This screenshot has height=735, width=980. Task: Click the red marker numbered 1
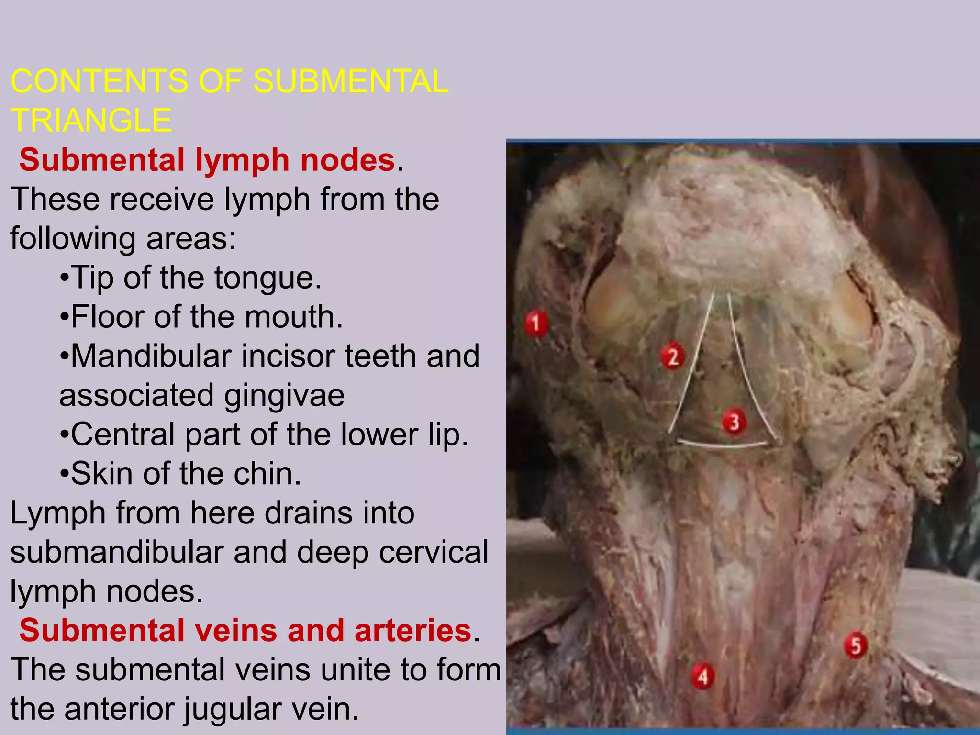coord(535,323)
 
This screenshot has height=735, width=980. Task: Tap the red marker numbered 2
coord(673,357)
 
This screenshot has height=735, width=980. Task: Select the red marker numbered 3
coord(734,422)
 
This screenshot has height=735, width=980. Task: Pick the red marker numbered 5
coord(855,646)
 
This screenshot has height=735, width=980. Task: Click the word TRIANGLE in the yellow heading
coord(91,120)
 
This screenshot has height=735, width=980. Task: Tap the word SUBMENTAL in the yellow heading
coord(351,81)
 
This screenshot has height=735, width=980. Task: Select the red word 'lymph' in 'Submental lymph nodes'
coord(242,160)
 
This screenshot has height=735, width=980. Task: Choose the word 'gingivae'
coord(284,395)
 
